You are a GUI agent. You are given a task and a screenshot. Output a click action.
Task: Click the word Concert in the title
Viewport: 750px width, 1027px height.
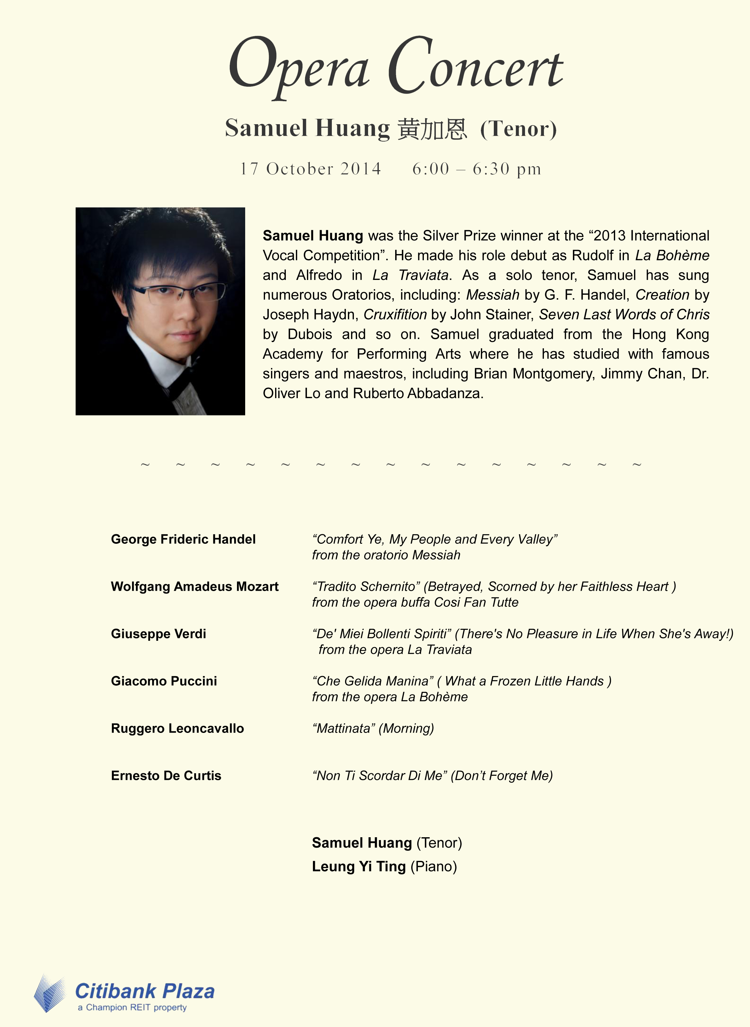point(475,66)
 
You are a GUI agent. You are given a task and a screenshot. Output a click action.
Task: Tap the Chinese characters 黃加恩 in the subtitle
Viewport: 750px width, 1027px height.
point(432,129)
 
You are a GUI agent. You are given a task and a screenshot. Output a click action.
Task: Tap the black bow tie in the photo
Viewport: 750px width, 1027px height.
point(179,386)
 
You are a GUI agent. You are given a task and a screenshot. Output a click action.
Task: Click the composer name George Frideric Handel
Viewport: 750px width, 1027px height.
point(183,539)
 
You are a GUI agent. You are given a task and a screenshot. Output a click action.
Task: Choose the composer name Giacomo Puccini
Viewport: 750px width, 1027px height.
point(164,681)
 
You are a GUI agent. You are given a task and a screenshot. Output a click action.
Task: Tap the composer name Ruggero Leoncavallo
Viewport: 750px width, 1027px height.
point(177,728)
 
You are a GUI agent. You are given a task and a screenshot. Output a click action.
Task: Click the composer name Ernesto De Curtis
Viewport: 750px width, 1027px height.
point(166,775)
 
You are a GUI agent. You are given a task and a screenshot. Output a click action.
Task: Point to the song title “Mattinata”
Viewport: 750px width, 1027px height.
point(344,728)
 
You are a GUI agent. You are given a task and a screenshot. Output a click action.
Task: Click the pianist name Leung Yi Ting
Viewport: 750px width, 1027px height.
point(359,866)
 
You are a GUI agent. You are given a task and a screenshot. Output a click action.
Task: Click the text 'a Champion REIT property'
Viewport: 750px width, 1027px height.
point(132,1007)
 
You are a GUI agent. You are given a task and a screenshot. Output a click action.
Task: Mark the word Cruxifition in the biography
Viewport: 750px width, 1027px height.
point(395,314)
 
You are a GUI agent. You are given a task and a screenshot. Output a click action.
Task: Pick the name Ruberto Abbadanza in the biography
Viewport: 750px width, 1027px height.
point(417,393)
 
